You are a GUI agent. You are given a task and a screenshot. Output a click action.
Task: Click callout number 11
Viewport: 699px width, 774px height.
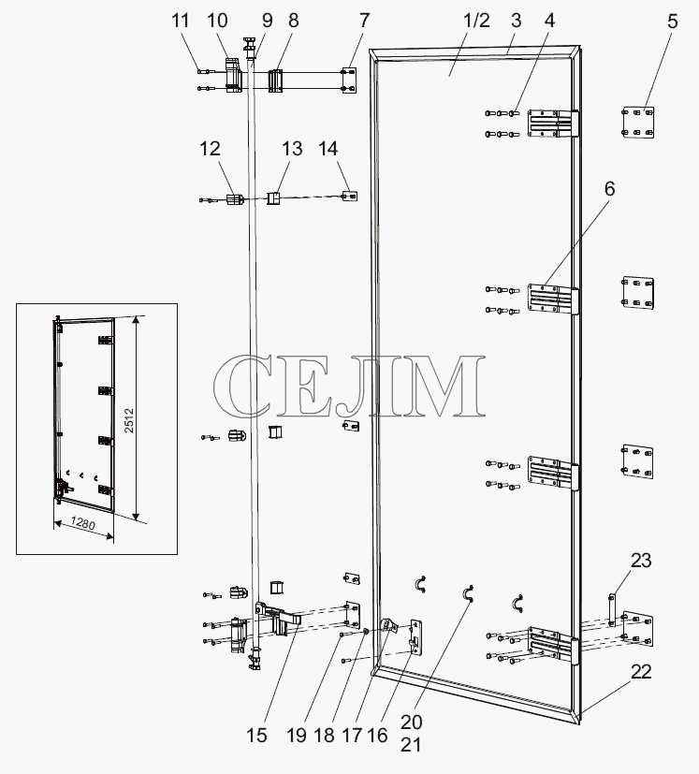click(x=181, y=21)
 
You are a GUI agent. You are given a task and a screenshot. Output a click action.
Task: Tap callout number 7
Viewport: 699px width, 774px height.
click(x=364, y=21)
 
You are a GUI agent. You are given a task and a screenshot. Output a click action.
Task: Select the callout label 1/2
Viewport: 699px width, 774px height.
click(x=476, y=21)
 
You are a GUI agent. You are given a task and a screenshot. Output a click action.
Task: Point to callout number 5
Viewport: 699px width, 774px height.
click(x=673, y=22)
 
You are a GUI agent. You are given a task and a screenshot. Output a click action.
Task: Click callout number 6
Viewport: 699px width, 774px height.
click(x=610, y=188)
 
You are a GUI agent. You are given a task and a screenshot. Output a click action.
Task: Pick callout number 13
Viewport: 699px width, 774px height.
click(x=292, y=149)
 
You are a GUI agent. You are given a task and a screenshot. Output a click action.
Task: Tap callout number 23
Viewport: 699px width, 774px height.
click(x=641, y=561)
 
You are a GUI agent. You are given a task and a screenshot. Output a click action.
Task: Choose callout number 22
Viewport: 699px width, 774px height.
click(x=641, y=671)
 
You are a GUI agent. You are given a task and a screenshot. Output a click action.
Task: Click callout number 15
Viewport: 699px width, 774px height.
click(x=256, y=736)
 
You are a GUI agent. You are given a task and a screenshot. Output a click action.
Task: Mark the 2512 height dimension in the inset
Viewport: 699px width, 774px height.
click(x=129, y=420)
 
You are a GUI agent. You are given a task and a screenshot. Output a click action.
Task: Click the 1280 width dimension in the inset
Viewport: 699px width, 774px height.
click(x=82, y=523)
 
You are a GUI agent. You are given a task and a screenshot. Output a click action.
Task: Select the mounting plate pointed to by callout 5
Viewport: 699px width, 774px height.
click(x=638, y=122)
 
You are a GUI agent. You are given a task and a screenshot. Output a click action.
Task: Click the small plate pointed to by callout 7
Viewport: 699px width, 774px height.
click(x=350, y=80)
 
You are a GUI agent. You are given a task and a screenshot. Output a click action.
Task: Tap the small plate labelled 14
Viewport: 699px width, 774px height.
click(x=350, y=197)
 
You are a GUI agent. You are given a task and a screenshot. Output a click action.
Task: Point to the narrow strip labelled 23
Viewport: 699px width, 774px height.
click(x=612, y=609)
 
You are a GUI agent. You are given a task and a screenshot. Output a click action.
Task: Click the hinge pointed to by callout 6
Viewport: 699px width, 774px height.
click(x=553, y=299)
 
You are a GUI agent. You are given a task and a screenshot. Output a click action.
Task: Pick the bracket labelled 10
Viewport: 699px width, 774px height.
click(x=232, y=75)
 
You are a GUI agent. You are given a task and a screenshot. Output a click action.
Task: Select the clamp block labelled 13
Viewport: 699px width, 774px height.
click(x=273, y=198)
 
